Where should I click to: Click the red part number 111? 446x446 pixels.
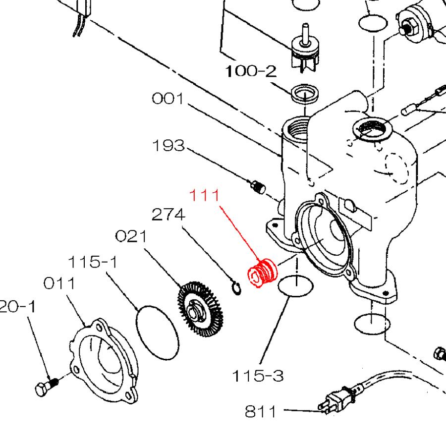[206, 196]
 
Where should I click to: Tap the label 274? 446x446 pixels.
[168, 215]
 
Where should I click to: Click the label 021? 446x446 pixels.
[131, 236]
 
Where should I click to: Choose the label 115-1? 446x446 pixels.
[93, 261]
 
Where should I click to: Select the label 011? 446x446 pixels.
[59, 283]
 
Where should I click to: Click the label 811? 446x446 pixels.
[262, 411]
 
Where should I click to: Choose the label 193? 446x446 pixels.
[168, 146]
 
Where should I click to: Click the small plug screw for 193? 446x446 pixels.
[258, 187]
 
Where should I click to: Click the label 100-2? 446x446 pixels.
[251, 72]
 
